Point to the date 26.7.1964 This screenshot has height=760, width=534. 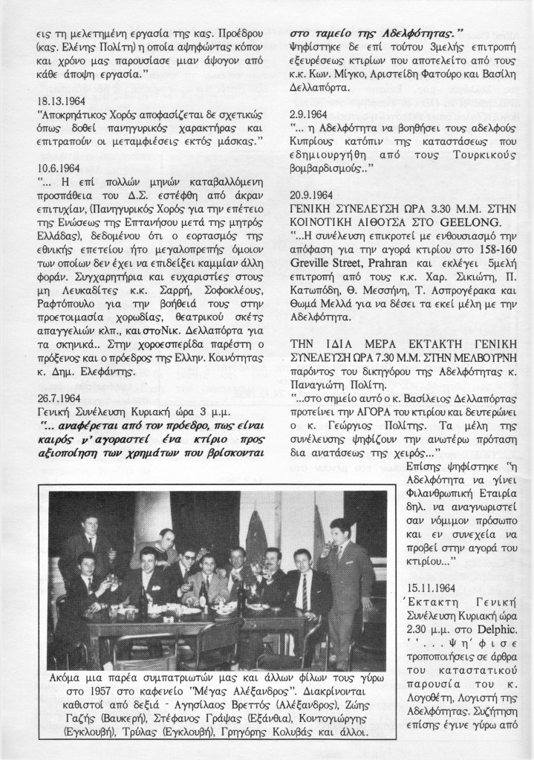[x=60, y=397]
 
